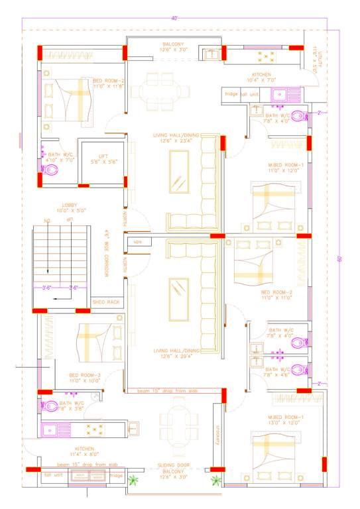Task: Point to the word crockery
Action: (217, 433)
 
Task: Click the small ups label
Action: (138, 242)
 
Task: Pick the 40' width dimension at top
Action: (174, 19)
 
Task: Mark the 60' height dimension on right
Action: (339, 258)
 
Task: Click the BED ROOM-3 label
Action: (84, 378)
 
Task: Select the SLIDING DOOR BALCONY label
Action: (174, 469)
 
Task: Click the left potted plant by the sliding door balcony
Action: (133, 480)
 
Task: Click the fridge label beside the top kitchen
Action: (231, 95)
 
